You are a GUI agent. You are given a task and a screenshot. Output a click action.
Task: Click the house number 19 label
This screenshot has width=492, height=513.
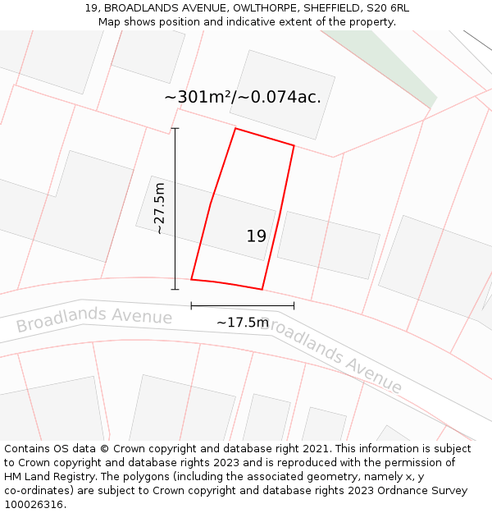click(256, 236)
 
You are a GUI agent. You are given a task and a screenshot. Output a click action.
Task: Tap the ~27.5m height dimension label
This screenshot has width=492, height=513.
click(160, 208)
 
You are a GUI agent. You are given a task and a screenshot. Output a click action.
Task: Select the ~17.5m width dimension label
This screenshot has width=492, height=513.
click(242, 323)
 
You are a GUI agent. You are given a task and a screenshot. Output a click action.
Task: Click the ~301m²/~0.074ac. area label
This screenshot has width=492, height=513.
click(243, 97)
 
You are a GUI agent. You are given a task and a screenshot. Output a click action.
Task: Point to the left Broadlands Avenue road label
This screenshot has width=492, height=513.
click(93, 321)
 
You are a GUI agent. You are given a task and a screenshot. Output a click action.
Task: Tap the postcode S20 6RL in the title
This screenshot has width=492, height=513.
click(386, 8)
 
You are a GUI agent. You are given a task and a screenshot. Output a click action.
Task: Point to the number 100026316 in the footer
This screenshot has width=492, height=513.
click(34, 504)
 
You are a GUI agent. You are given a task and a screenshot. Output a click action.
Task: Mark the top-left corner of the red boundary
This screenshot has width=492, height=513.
click(235, 129)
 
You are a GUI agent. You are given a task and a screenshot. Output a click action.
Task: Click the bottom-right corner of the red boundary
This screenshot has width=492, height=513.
click(262, 289)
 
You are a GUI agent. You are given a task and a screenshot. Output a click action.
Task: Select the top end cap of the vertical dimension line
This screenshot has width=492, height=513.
click(175, 129)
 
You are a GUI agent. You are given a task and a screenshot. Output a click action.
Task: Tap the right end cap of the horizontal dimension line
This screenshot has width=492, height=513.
click(294, 306)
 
